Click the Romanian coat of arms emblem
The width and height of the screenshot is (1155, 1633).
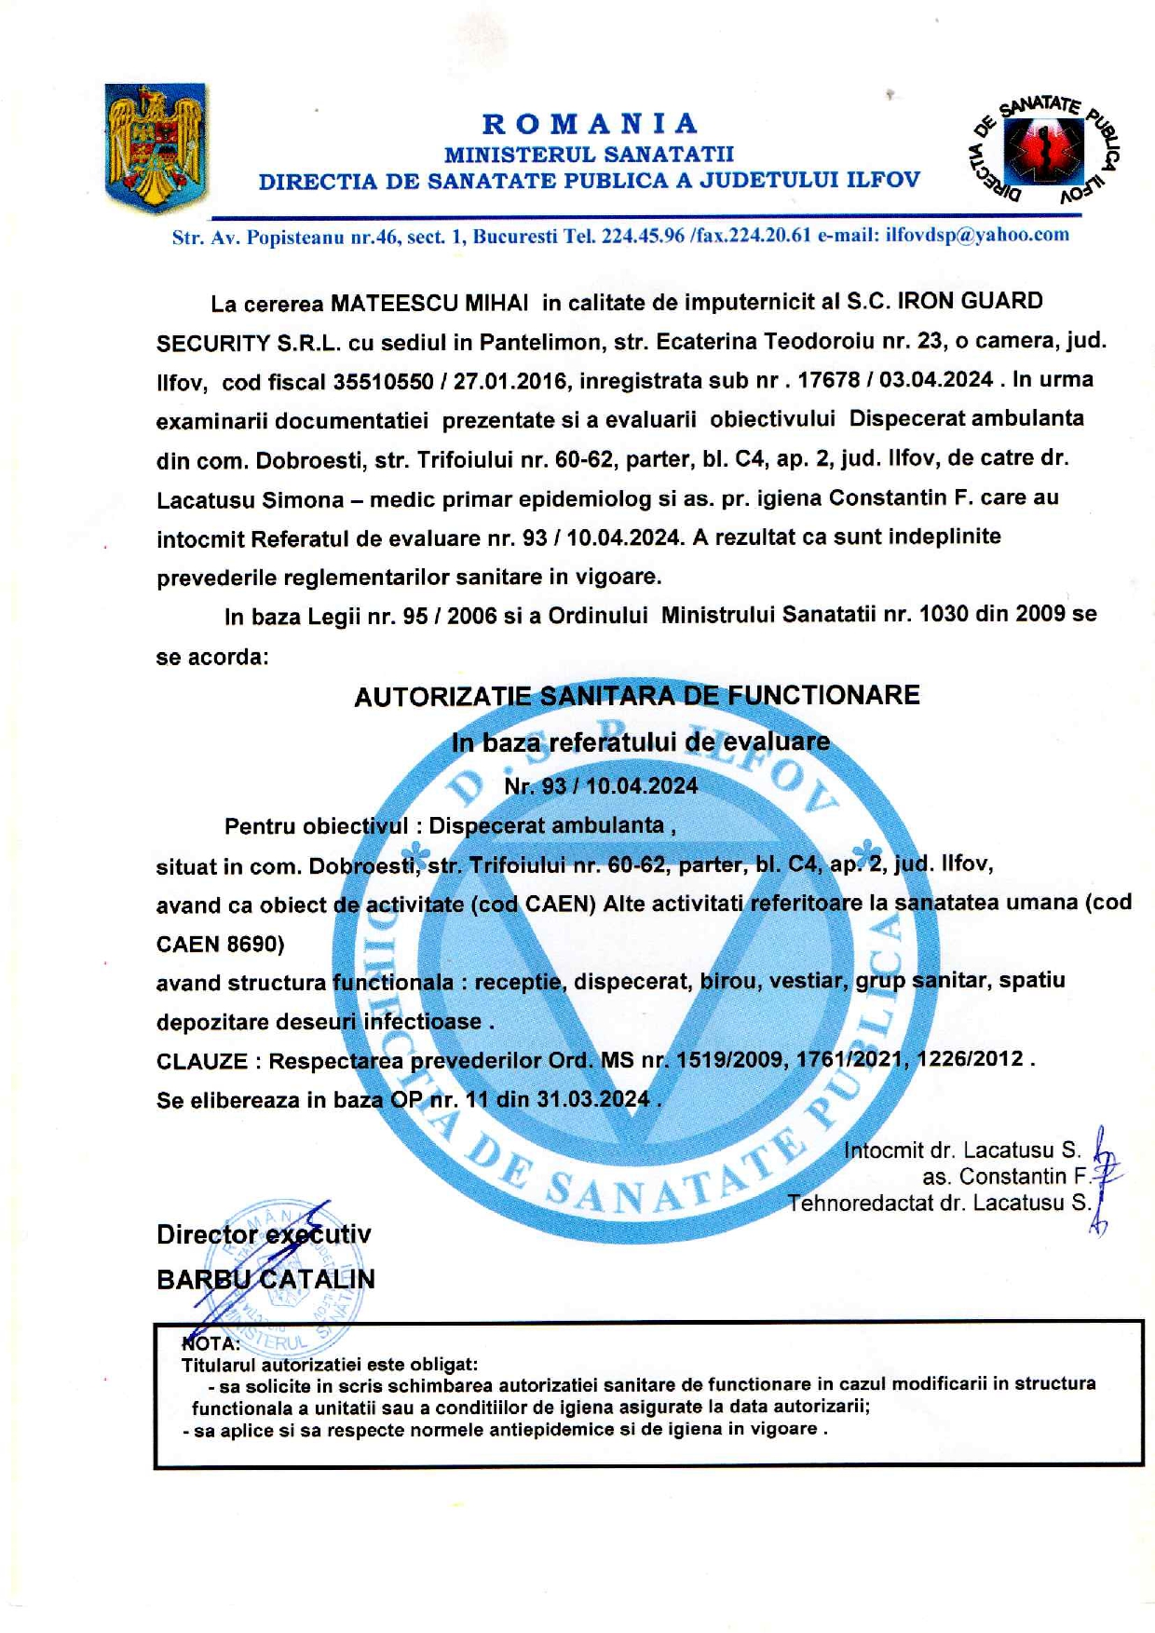point(156,146)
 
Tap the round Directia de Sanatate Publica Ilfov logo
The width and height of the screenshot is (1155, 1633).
point(1043,149)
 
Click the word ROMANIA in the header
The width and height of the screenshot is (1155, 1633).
point(591,124)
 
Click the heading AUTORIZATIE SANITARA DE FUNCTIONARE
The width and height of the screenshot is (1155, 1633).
point(637,696)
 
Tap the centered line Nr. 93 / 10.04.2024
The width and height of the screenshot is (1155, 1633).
point(601,786)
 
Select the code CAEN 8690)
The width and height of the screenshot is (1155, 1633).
point(220,945)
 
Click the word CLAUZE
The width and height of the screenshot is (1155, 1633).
point(202,1062)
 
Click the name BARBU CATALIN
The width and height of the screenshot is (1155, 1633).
point(265,1279)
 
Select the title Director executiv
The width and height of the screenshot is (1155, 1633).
point(264,1235)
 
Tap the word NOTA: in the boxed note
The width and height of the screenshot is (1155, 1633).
point(211,1343)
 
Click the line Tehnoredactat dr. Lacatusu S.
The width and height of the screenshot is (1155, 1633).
point(938,1203)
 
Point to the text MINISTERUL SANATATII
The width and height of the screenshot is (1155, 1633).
point(589,154)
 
